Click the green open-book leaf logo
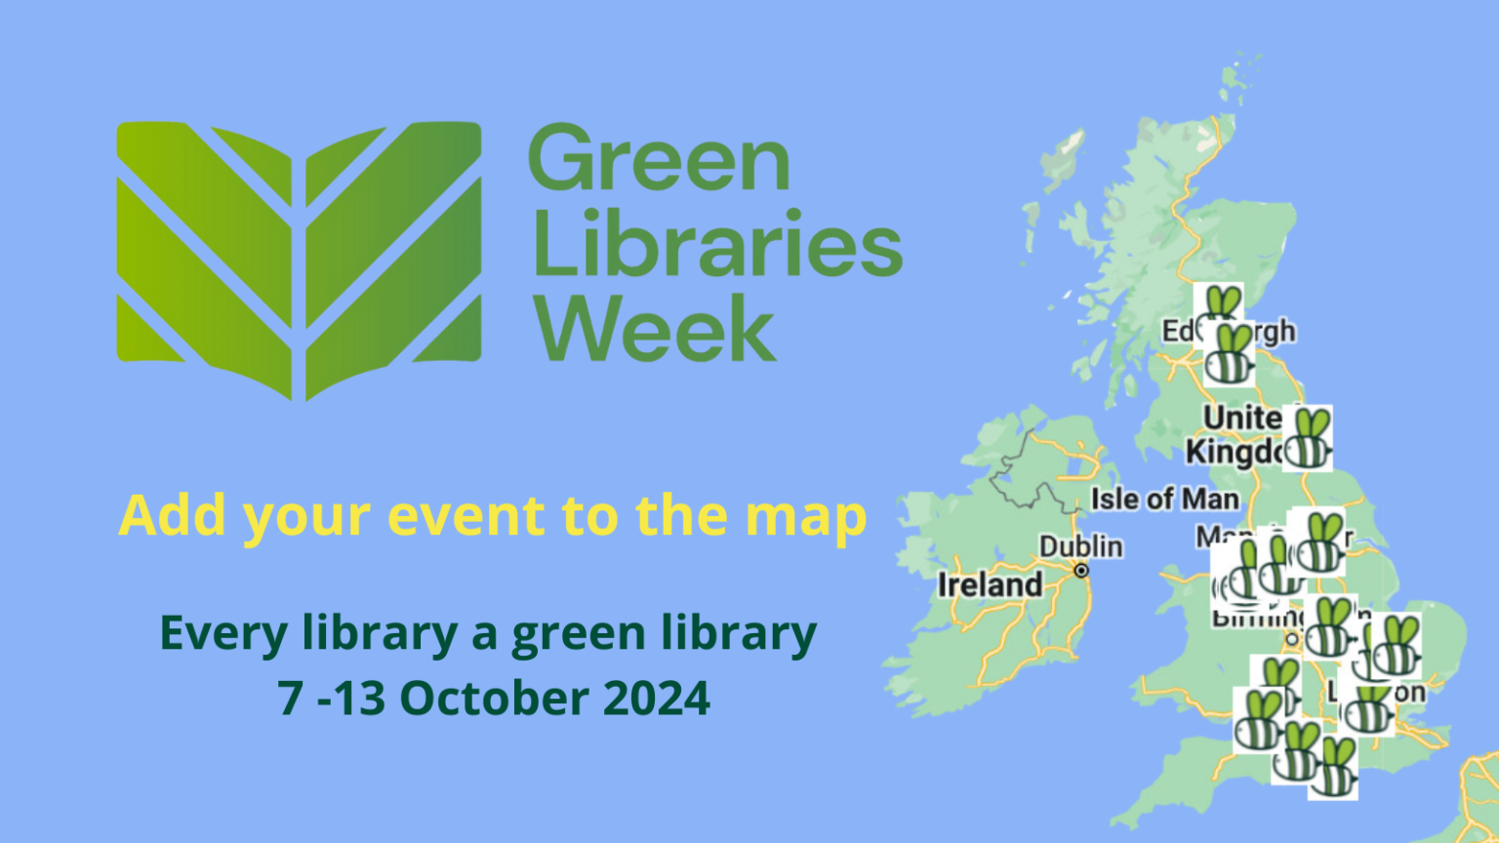tap(299, 260)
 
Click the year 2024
tap(657, 698)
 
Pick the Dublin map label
tap(1080, 546)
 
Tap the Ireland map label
tap(990, 584)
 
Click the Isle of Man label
tap(1164, 500)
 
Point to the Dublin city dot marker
tap(1081, 571)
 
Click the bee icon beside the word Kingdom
tap(1308, 439)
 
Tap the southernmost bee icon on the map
tap(1333, 769)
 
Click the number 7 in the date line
tap(290, 698)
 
